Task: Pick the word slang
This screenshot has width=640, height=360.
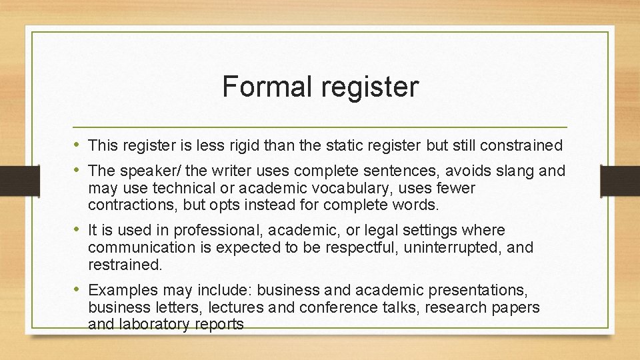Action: point(512,171)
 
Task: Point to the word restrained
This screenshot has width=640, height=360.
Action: point(125,265)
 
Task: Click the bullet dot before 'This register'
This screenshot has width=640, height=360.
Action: point(78,144)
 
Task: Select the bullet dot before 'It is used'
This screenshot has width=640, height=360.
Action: point(78,230)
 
